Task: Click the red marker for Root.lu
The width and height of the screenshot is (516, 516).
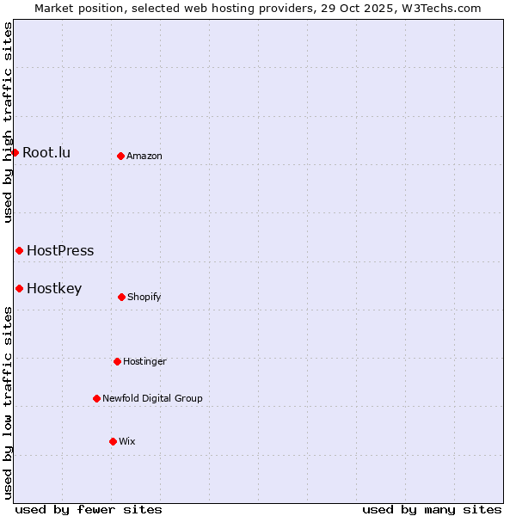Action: coord(15,152)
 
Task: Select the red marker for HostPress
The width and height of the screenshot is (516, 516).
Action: coord(19,250)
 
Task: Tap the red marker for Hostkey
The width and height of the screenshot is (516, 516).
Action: coord(19,288)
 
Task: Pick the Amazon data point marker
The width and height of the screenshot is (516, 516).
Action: coord(120,156)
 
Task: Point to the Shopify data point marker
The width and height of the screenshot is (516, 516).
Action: coord(121,297)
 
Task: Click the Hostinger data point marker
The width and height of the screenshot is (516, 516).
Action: coord(117,361)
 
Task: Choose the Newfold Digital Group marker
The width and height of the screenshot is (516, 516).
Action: coord(96,398)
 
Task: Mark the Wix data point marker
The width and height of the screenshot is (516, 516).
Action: coord(113,441)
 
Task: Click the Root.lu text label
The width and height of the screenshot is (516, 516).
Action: coord(46,152)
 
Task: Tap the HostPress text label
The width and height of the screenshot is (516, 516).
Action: coord(60,250)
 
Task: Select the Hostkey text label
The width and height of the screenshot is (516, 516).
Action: coord(54,288)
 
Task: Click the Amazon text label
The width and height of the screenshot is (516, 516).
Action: coord(144,156)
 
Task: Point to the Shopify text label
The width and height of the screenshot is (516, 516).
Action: coord(144,297)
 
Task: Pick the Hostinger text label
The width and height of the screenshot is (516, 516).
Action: coord(144,361)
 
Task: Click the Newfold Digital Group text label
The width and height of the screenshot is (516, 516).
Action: coord(152,398)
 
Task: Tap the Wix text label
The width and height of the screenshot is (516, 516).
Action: coord(127,441)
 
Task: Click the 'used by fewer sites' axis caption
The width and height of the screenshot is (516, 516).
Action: coord(89,509)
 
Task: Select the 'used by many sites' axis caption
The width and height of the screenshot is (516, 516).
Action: coord(432,509)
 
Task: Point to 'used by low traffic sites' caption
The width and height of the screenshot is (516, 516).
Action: coord(8,402)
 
